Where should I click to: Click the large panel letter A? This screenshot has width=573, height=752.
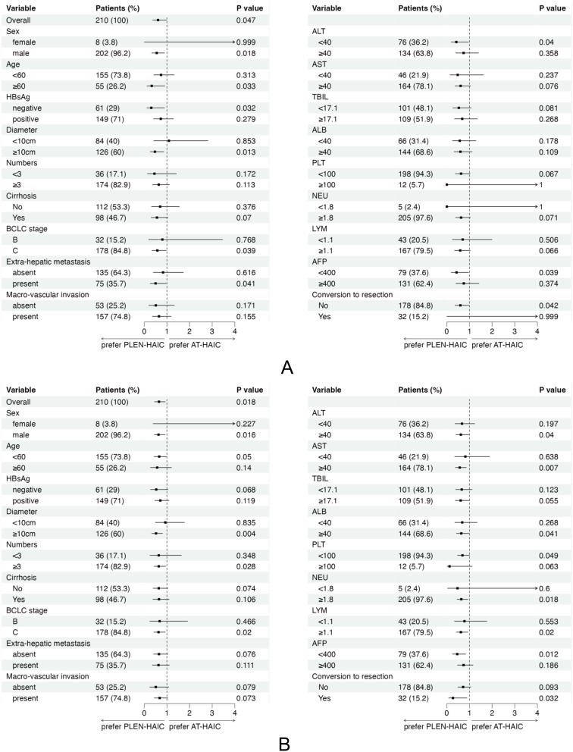(x=286, y=367)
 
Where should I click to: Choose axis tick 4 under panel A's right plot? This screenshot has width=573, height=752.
(x=537, y=331)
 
